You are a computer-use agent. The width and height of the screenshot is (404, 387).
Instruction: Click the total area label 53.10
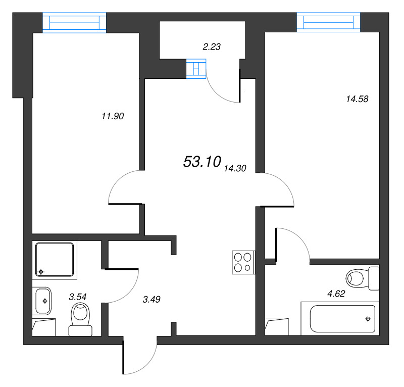point(202,162)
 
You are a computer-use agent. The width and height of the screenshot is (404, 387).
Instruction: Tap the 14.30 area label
point(234,169)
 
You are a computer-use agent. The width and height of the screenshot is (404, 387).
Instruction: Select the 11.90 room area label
point(113,116)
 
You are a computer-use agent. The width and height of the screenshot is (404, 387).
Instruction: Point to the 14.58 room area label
point(357,99)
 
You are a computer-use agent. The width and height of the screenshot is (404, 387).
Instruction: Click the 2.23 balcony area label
point(212,46)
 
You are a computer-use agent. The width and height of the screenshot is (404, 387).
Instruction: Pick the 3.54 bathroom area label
point(78,297)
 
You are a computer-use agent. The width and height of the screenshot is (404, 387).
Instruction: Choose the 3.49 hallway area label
point(151,299)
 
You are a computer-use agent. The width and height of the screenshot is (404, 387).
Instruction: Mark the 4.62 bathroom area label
point(336,293)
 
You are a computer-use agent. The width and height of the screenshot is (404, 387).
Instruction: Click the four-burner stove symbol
point(243,262)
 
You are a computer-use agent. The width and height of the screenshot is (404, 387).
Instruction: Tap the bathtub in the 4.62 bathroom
point(338,318)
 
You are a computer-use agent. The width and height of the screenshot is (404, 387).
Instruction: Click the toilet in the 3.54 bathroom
point(80,319)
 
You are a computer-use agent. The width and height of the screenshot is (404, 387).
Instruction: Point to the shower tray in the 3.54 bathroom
point(55,260)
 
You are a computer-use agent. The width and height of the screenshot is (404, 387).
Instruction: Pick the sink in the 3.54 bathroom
point(42,301)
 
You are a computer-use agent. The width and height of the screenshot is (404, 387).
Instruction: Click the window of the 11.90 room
point(75,23)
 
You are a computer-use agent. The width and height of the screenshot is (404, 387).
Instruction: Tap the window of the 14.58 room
point(329,22)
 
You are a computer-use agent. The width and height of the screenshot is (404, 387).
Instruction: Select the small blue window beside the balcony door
point(196,68)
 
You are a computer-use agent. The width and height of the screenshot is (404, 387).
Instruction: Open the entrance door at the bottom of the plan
point(139,359)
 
